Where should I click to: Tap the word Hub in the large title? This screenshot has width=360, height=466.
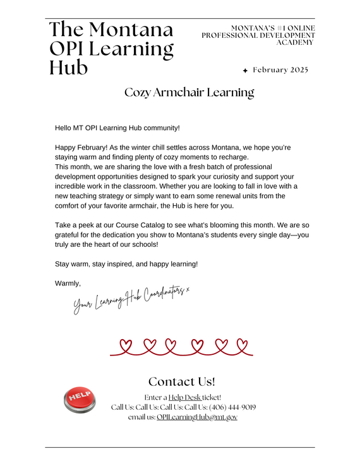[69, 67]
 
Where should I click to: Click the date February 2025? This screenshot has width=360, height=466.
[280, 69]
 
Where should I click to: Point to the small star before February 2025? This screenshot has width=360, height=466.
[245, 70]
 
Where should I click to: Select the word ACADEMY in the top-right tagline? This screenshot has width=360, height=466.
[295, 43]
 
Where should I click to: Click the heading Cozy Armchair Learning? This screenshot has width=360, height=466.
[189, 93]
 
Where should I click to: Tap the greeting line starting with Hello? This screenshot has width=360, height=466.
[117, 128]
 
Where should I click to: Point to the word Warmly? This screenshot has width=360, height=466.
[68, 284]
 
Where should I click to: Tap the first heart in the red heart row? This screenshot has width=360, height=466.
[126, 345]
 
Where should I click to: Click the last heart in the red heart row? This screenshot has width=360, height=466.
[241, 345]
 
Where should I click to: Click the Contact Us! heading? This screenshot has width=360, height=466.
[181, 382]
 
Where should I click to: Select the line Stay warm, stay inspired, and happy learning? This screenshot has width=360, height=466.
[126, 263]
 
